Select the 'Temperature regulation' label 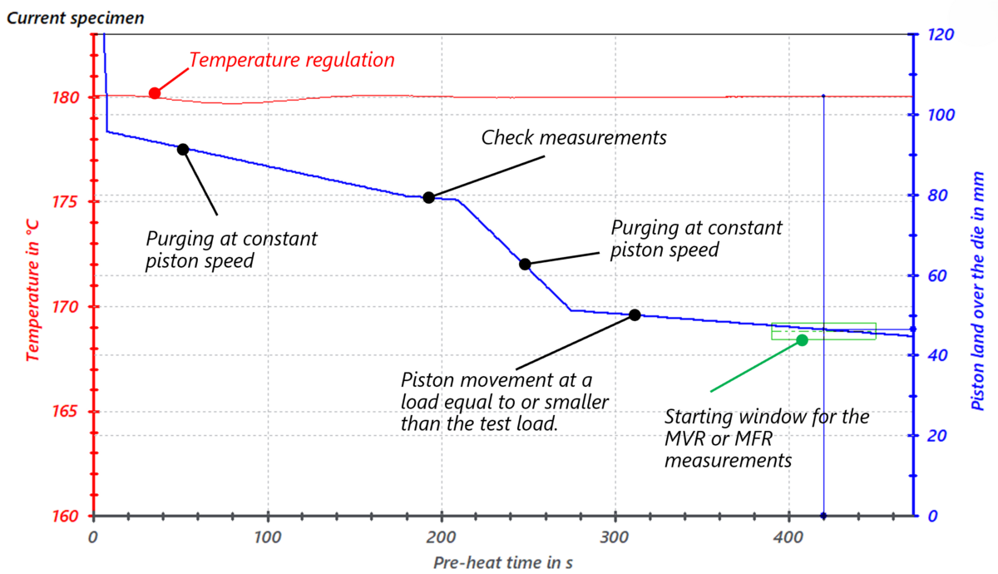(291, 61)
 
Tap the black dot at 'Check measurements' (428, 197)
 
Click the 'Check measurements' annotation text (574, 138)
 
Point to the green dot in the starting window (802, 340)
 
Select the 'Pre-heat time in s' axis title (502, 562)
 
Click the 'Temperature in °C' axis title (33, 275)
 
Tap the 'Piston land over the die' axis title (979, 291)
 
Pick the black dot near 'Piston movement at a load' (635, 314)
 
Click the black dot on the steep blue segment (525, 264)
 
